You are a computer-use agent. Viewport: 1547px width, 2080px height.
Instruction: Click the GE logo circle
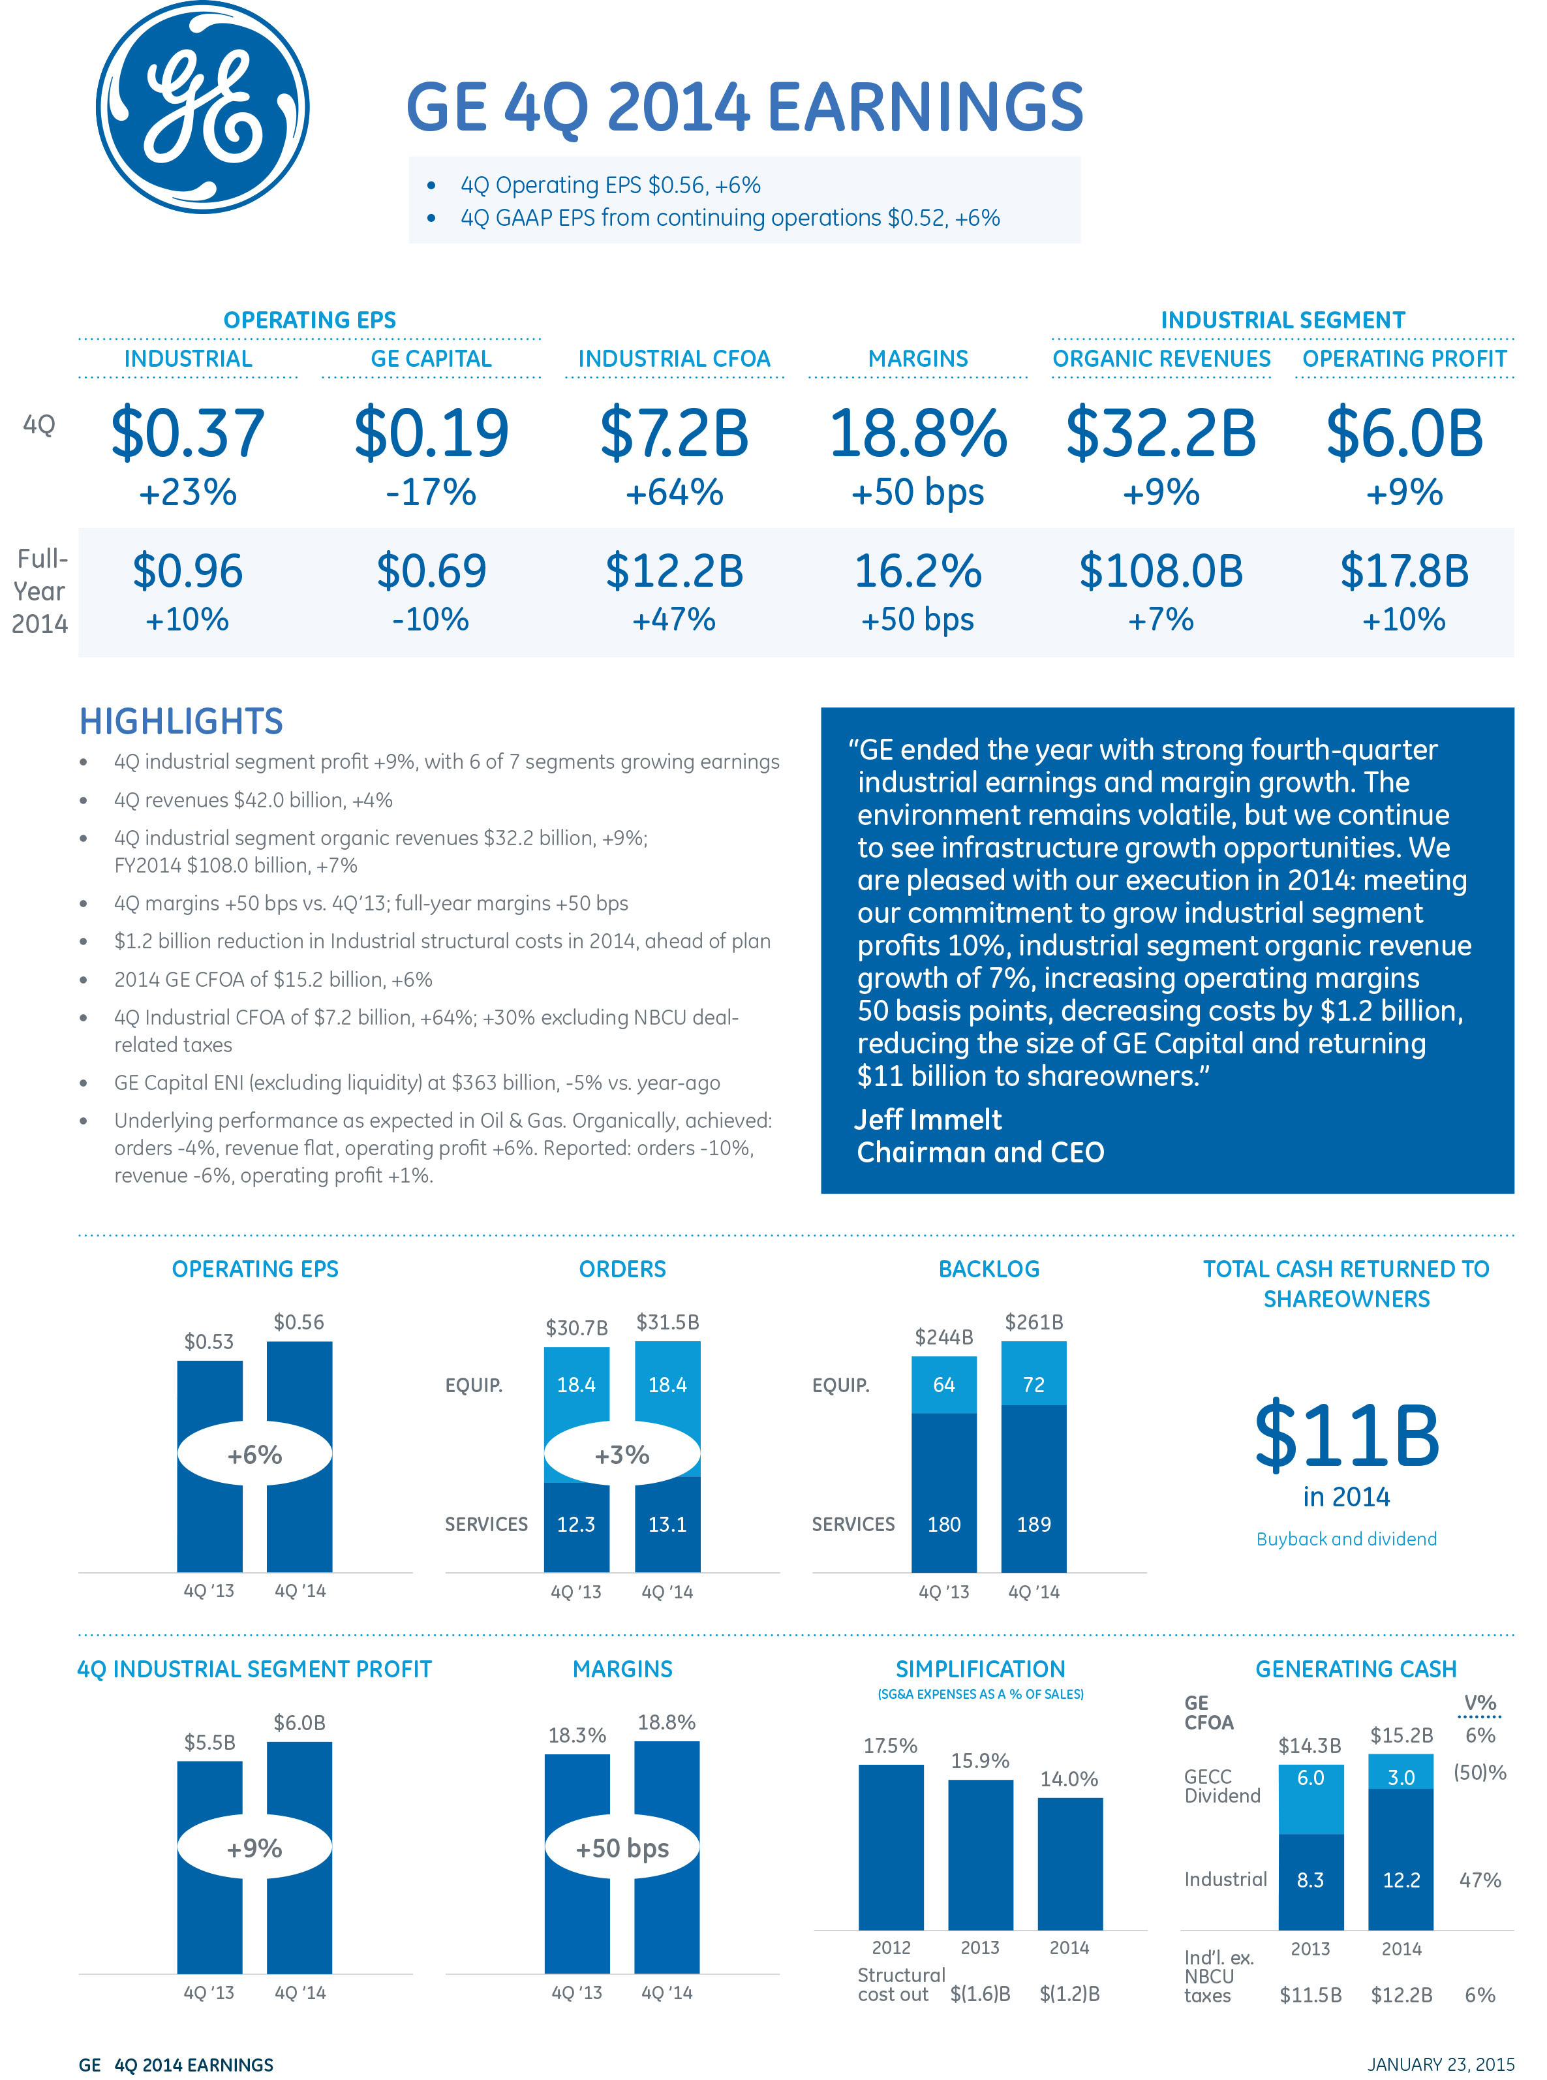coord(202,107)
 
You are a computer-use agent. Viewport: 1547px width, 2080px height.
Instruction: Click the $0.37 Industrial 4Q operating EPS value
coord(187,433)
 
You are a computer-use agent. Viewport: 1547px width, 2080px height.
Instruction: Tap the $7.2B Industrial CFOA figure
coord(674,433)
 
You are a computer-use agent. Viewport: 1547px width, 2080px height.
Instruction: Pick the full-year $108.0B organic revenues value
coord(1161,570)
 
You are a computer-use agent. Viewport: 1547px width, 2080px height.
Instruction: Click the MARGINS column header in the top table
coord(918,359)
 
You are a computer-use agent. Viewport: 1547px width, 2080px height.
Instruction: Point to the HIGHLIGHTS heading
coord(181,721)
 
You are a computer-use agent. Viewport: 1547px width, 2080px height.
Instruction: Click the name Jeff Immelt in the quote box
coord(928,1119)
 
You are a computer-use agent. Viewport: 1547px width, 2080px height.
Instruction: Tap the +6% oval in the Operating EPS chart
coord(254,1454)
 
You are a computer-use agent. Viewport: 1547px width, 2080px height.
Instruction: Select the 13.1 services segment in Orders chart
coord(667,1525)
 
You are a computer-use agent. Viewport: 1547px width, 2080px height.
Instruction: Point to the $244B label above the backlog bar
coord(944,1337)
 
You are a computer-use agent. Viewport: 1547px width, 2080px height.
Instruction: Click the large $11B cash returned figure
coord(1347,1435)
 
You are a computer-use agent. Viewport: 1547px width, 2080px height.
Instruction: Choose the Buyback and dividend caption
coord(1347,1539)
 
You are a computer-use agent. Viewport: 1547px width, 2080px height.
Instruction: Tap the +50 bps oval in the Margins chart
coord(622,1848)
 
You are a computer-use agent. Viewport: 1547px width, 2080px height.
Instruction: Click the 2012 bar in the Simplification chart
coord(891,1847)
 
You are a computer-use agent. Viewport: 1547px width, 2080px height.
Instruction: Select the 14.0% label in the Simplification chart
coord(1069,1779)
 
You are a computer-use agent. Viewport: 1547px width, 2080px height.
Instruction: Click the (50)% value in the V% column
coord(1480,1773)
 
